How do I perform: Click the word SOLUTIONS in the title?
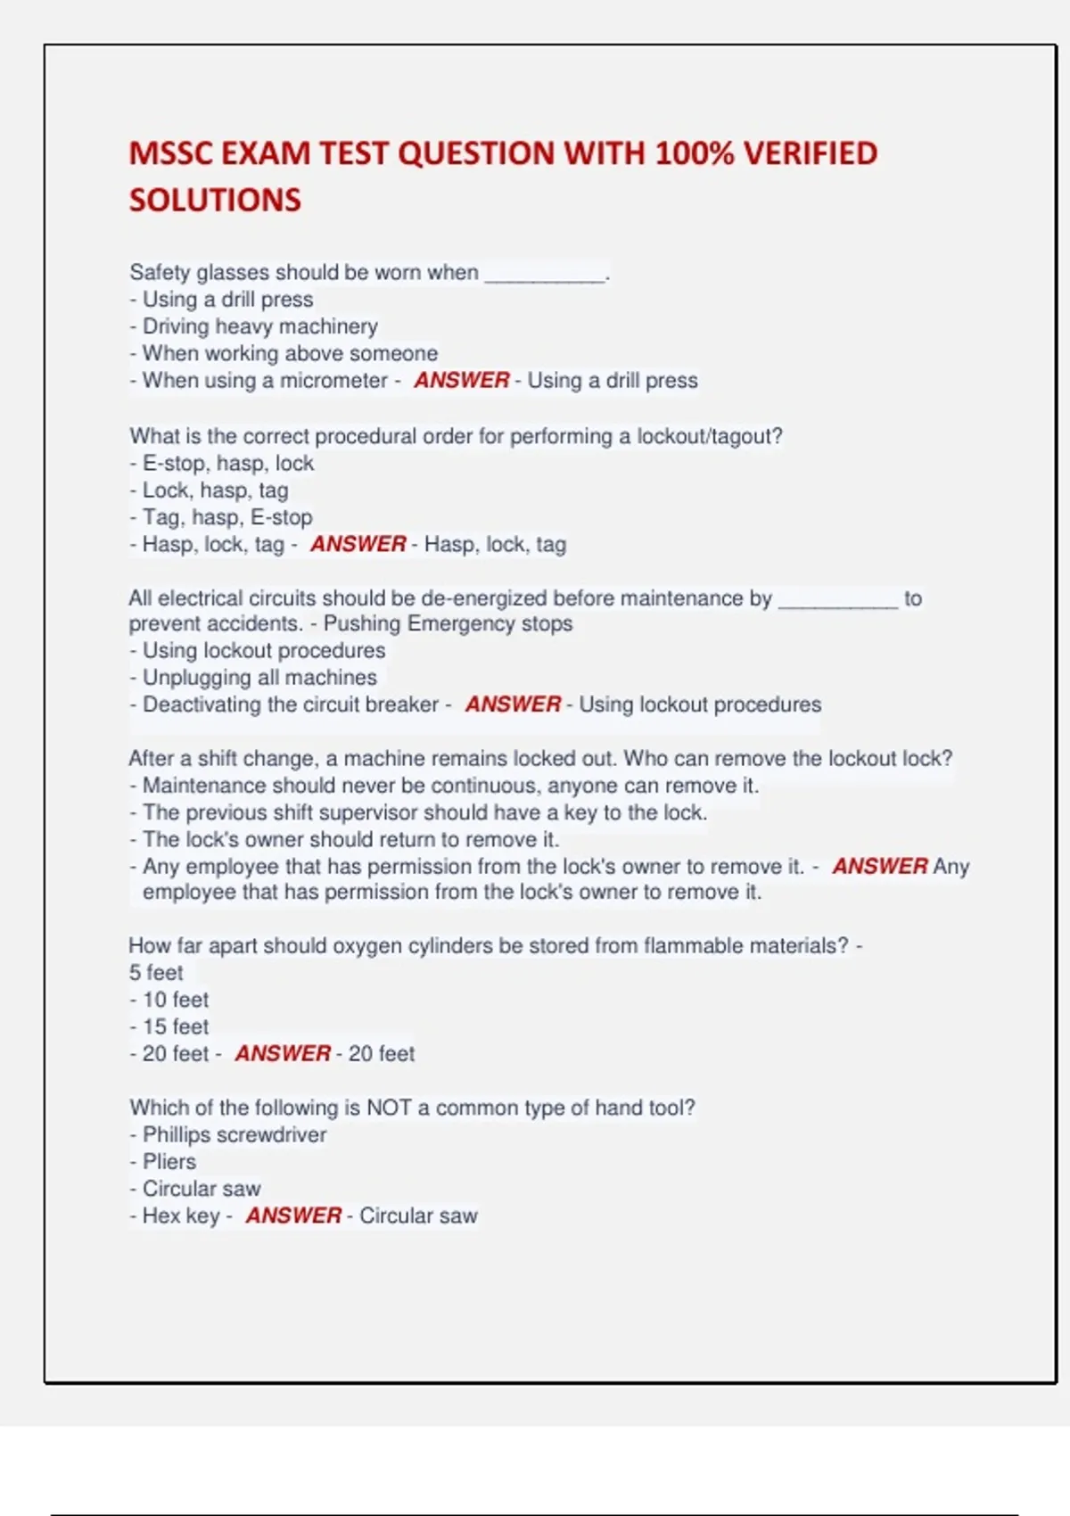tap(215, 200)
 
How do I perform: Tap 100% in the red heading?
tap(694, 153)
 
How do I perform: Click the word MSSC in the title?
tap(169, 153)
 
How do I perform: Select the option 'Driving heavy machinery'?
tap(259, 326)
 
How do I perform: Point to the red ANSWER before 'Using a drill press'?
tap(461, 380)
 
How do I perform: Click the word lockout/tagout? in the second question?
tap(709, 436)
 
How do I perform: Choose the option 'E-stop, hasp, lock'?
tap(227, 463)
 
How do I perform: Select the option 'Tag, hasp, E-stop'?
tap(226, 517)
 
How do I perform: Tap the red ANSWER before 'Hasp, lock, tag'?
tap(358, 544)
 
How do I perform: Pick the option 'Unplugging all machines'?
tap(259, 677)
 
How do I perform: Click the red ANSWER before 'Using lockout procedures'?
tap(513, 704)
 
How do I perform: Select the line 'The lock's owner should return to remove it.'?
tap(350, 839)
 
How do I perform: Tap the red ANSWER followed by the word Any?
tap(879, 866)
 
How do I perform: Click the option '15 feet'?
tap(175, 1026)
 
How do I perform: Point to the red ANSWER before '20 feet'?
tap(283, 1053)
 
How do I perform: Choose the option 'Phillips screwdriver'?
tap(234, 1134)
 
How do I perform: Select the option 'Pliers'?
tap(169, 1161)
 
